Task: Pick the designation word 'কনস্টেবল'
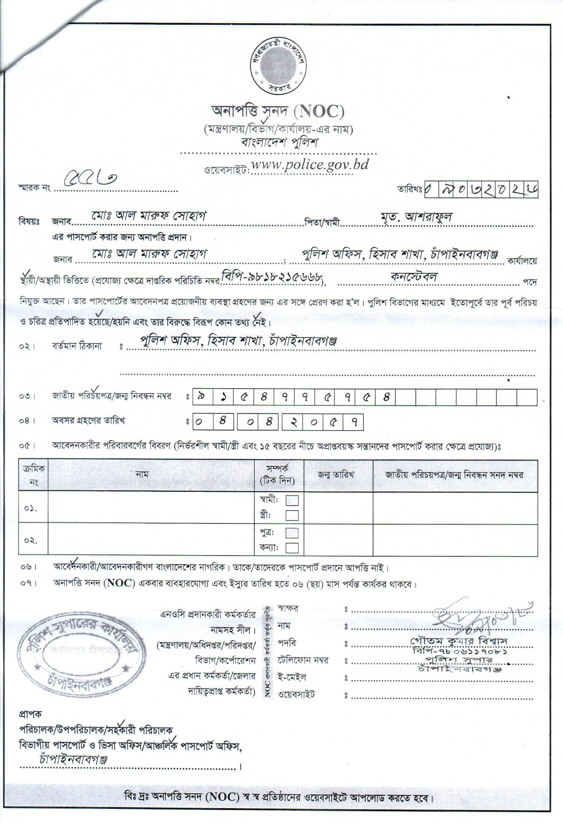(x=414, y=276)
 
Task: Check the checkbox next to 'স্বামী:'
(x=292, y=500)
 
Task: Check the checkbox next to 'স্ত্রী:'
(x=292, y=515)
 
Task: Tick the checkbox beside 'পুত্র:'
(x=292, y=532)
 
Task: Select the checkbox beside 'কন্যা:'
(x=292, y=548)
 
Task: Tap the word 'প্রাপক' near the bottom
(x=31, y=713)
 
